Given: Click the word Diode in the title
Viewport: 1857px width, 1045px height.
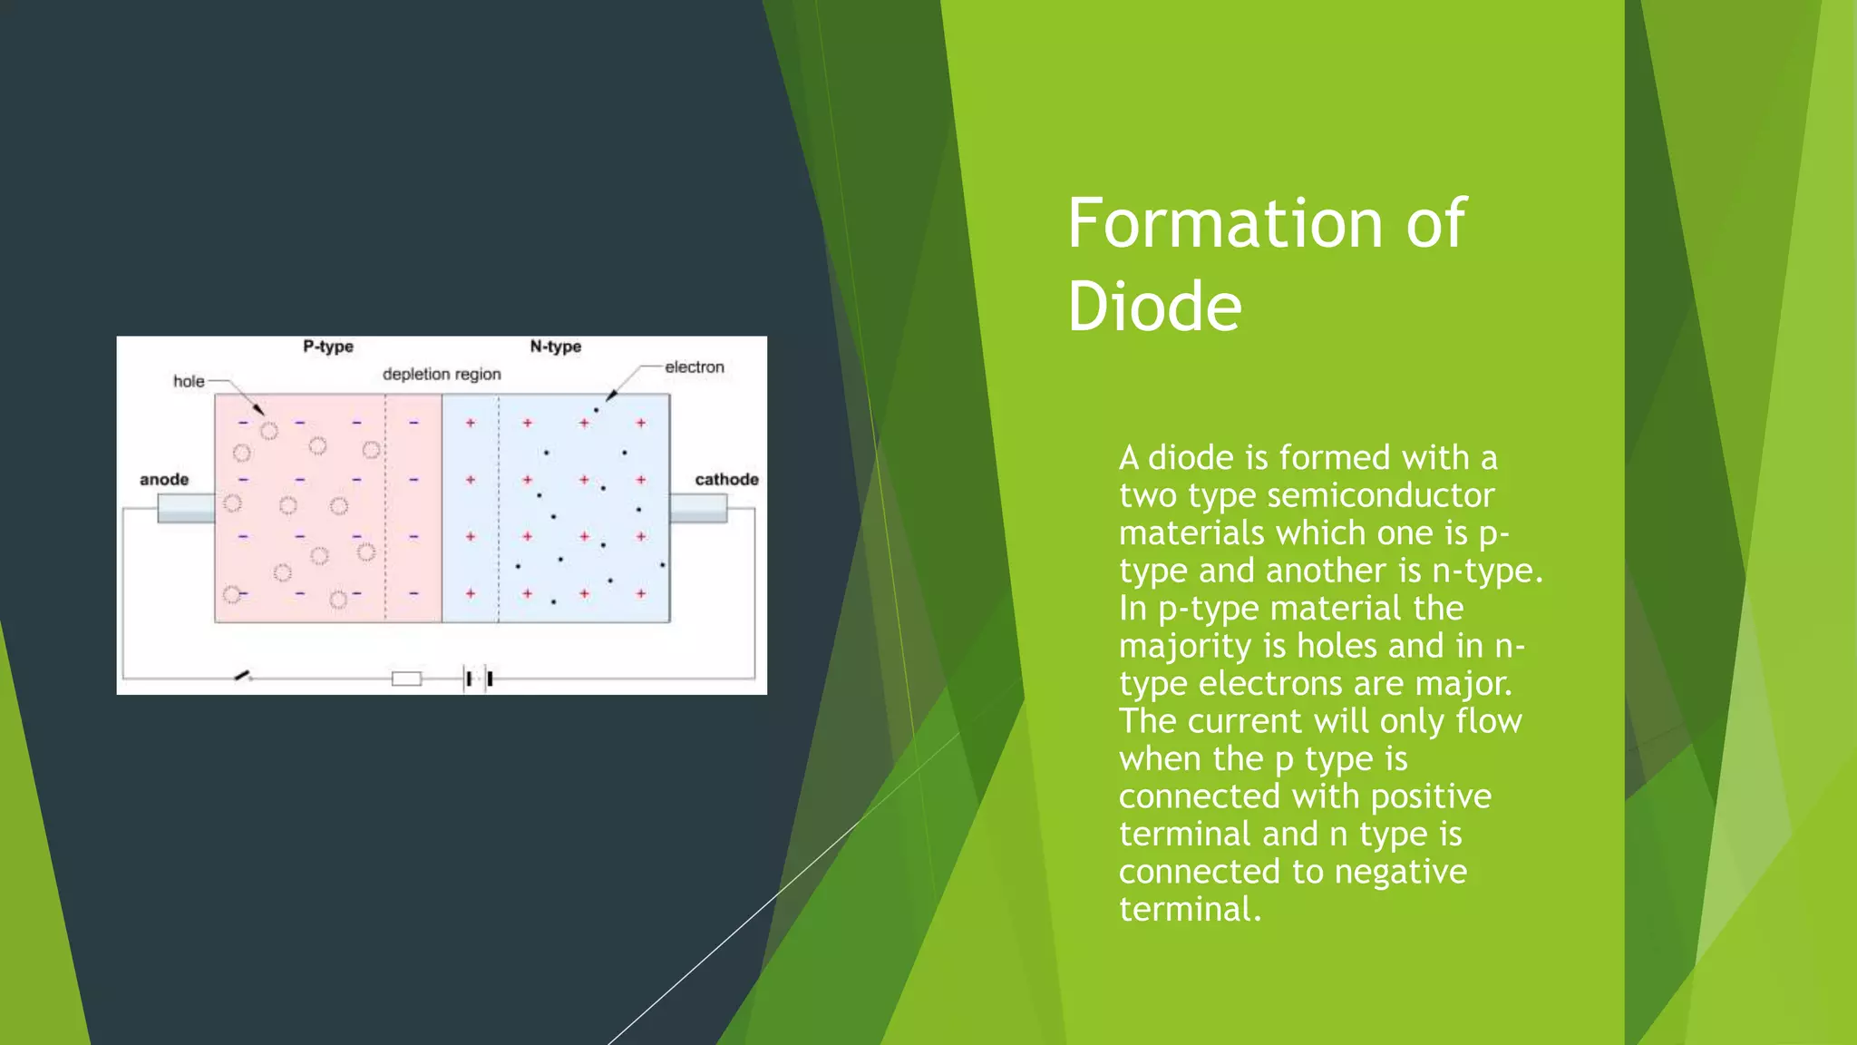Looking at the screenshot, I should point(1153,307).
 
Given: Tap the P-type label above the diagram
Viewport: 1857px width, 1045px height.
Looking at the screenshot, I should point(328,347).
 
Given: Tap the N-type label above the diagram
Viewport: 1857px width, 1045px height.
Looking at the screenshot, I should point(555,347).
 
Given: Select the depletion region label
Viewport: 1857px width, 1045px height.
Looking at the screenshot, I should point(442,374).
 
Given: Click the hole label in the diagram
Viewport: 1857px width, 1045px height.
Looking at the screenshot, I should point(189,381).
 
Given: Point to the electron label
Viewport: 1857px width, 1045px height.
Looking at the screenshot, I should point(695,367).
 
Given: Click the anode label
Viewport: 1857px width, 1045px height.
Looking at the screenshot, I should point(164,479).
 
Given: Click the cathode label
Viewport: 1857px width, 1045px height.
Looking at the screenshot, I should point(726,479).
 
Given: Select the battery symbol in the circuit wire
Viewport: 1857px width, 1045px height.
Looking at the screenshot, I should point(479,679).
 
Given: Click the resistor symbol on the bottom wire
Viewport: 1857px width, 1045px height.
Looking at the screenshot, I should point(406,679).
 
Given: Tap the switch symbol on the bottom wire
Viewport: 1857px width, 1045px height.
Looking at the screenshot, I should point(243,676).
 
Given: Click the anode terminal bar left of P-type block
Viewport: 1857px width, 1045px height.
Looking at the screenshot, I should point(186,508).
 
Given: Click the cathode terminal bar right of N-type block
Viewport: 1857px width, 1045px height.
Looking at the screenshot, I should point(698,508).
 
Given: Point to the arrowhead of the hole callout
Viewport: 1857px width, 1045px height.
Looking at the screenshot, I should point(259,411).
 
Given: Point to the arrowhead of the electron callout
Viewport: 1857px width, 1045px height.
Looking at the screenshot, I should point(610,396).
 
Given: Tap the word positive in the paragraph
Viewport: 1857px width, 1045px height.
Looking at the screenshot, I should point(1431,796).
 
